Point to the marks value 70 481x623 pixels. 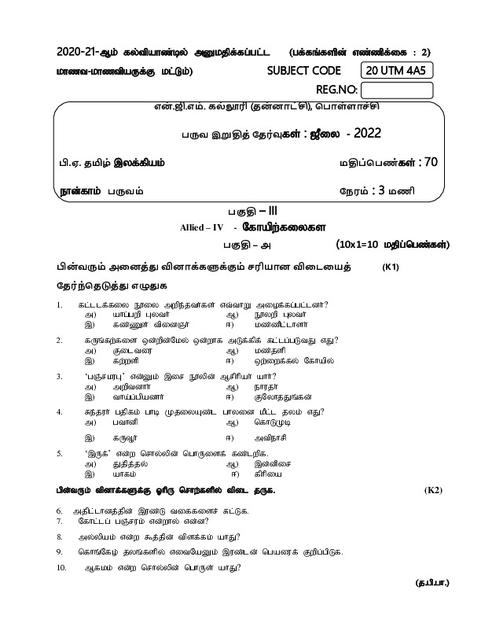coord(428,162)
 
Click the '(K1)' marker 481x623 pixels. coord(391,267)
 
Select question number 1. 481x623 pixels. coord(60,304)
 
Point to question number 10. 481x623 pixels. coord(61,589)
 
